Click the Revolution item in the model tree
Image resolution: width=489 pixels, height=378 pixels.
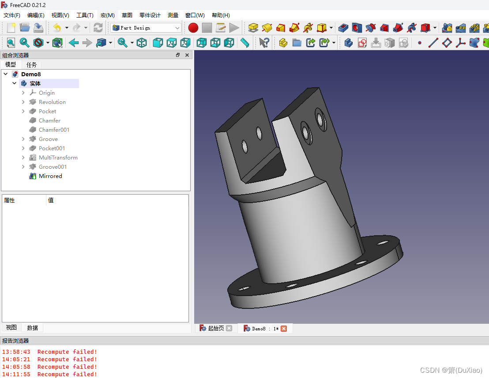52,102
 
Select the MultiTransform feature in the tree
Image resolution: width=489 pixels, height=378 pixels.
58,158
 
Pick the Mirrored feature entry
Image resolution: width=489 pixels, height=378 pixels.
50,176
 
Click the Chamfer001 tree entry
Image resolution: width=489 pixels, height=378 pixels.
54,130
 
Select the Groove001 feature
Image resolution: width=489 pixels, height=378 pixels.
53,167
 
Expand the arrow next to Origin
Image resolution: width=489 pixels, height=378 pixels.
23,93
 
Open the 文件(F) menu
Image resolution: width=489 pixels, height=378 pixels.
12,15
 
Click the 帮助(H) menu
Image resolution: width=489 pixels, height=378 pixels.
221,15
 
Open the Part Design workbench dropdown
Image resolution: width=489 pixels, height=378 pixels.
146,28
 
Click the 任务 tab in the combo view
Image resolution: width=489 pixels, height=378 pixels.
31,65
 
